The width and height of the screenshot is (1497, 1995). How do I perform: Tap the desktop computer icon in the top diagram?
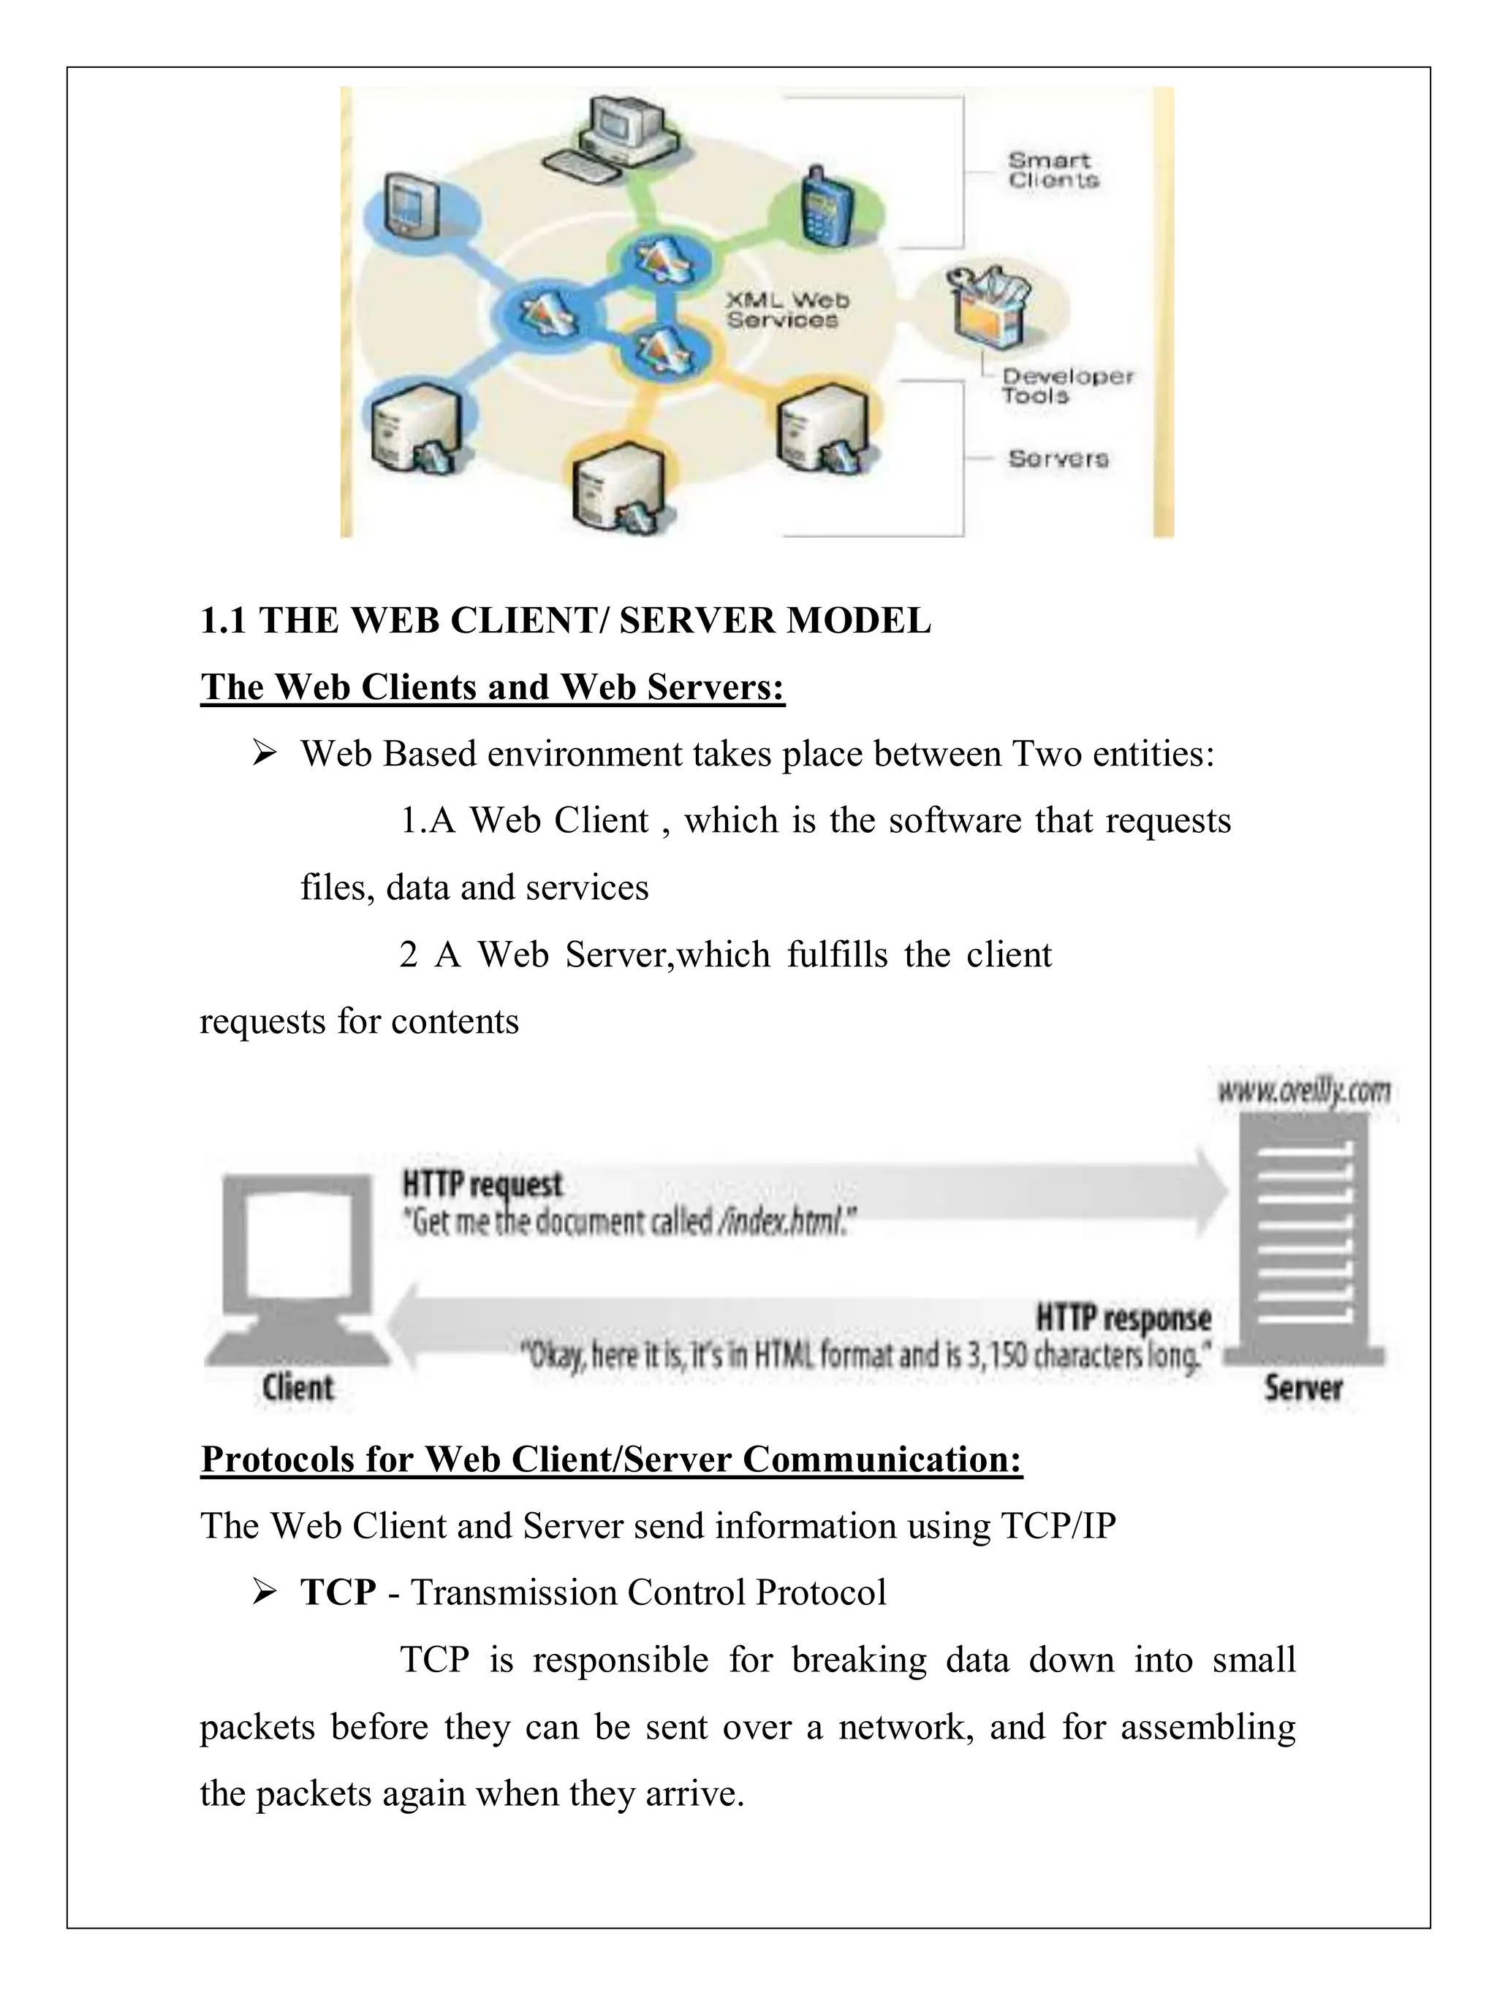613,135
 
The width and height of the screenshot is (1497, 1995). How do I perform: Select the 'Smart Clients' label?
1052,169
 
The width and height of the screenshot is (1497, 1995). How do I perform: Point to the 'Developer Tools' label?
1066,385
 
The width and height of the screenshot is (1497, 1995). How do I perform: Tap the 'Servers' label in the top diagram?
1058,458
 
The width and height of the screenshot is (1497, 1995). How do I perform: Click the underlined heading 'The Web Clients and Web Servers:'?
493,687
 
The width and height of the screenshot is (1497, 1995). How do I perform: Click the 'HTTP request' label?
482,1184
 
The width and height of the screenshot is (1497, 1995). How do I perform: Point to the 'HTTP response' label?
1123,1318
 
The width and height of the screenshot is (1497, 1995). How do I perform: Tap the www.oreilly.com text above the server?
1303,1092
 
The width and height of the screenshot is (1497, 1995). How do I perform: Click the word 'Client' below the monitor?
297,1387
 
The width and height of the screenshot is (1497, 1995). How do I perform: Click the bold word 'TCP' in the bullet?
338,1592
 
